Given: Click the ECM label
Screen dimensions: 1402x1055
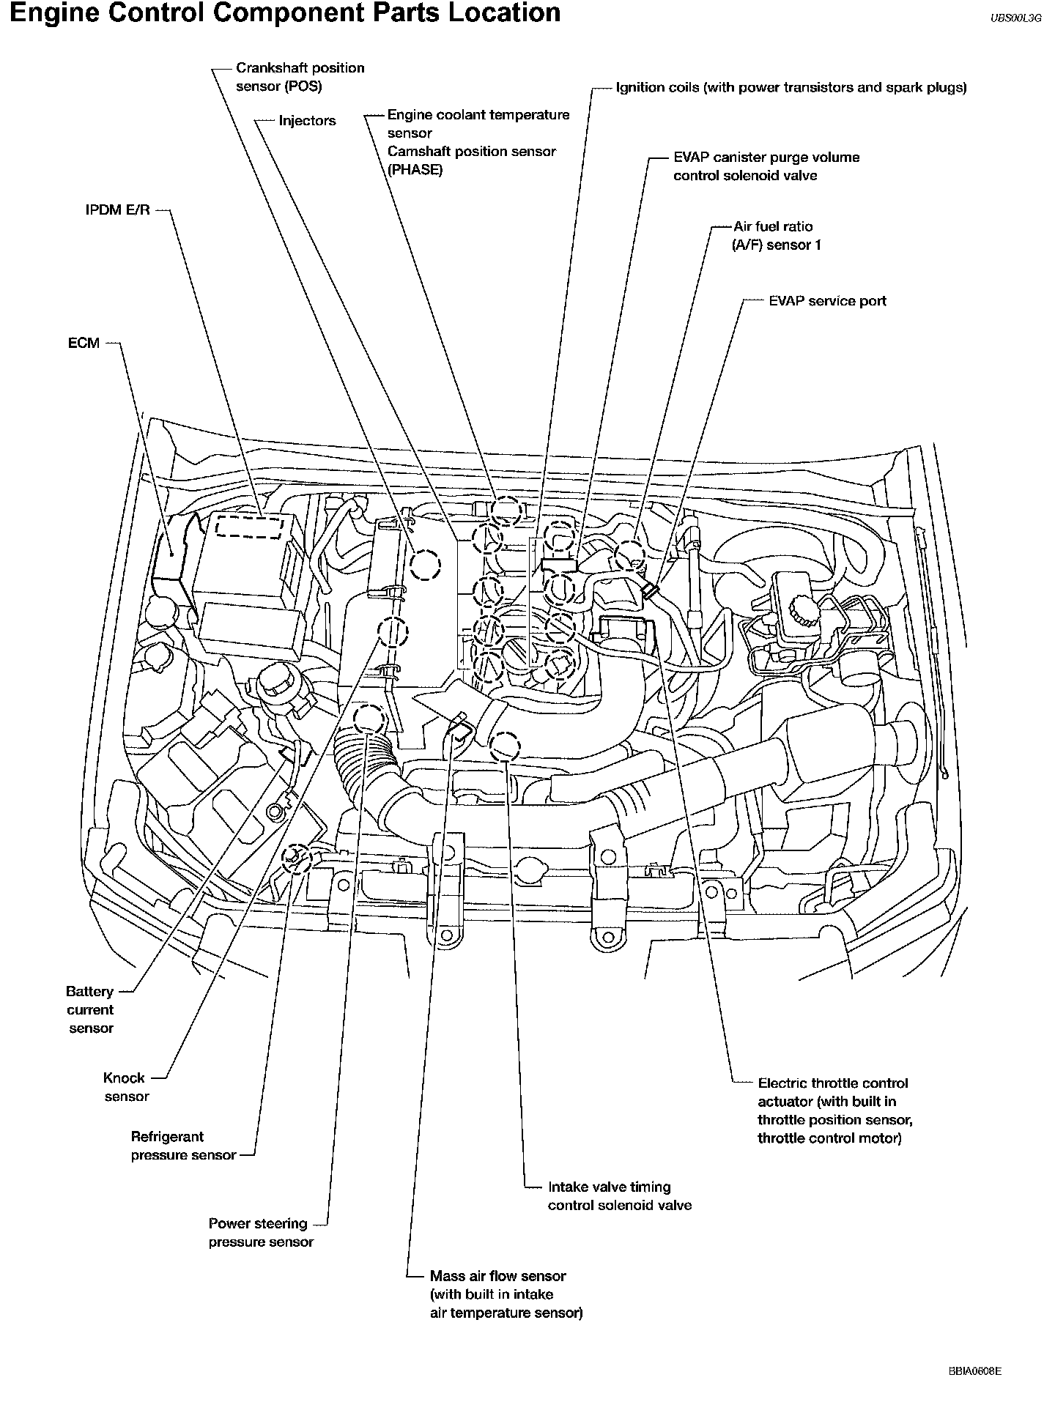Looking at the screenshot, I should click(x=84, y=343).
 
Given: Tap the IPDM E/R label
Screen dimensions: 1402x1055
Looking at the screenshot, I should click(x=117, y=210).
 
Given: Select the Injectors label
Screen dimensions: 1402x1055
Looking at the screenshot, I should click(x=307, y=121).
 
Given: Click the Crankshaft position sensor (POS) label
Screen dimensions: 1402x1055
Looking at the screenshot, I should click(x=300, y=77).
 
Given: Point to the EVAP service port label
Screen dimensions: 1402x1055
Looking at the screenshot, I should click(x=827, y=301).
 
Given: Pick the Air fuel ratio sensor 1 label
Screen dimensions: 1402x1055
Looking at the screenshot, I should click(x=776, y=236).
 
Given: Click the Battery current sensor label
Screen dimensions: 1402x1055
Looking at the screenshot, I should click(x=90, y=1009).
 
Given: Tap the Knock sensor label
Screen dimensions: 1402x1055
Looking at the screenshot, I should click(x=125, y=1087).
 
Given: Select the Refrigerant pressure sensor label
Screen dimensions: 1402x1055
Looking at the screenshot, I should click(x=183, y=1146).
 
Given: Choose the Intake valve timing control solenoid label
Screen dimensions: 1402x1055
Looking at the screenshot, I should click(x=619, y=1195).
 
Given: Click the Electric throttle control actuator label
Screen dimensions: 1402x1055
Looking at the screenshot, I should click(x=834, y=1110).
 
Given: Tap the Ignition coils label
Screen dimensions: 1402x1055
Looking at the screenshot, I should click(x=791, y=88).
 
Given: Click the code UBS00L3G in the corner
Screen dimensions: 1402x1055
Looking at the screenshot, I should click(x=1015, y=20).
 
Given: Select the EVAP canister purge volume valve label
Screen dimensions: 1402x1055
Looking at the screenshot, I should click(x=766, y=166).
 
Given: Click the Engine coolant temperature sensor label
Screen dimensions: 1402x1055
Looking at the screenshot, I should click(x=478, y=124).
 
